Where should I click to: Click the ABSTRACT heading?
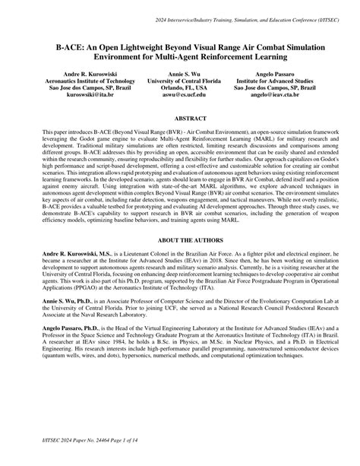pyautogui.click(x=180, y=119)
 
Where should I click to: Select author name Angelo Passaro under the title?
pyautogui.click(x=276, y=73)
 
